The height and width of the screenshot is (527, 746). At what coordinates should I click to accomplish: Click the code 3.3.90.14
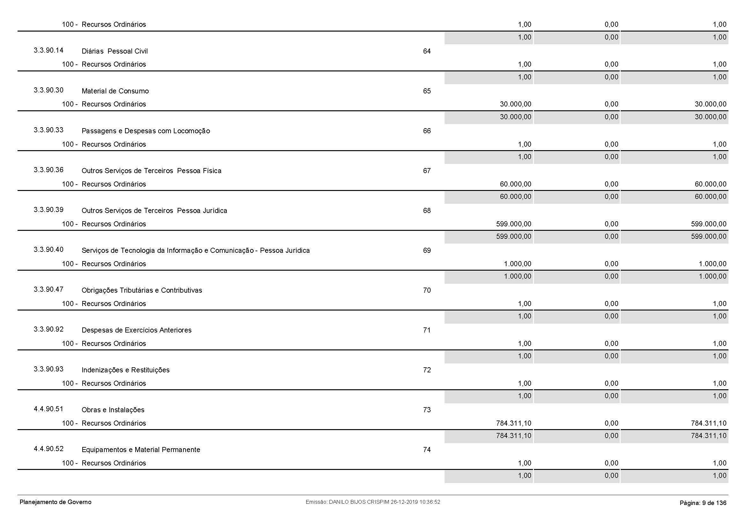click(48, 50)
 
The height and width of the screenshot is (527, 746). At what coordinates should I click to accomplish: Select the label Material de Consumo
click(115, 91)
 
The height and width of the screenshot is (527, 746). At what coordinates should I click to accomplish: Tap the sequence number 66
click(427, 131)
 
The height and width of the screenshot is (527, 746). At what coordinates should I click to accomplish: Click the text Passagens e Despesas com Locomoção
click(145, 131)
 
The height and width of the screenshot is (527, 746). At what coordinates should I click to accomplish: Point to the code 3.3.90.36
click(48, 170)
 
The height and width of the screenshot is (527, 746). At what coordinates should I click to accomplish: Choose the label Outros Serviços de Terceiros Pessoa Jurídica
click(154, 211)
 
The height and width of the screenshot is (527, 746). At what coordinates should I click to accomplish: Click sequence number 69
click(427, 251)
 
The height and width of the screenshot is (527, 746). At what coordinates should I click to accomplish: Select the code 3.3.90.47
click(48, 289)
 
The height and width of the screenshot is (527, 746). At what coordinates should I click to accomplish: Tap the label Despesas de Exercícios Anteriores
click(137, 330)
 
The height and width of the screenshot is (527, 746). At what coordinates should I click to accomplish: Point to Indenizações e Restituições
click(125, 370)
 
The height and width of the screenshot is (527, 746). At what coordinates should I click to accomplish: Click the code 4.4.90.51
click(48, 409)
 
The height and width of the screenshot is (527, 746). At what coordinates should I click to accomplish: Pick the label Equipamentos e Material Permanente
click(141, 450)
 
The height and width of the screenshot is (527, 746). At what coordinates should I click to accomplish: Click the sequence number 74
click(427, 450)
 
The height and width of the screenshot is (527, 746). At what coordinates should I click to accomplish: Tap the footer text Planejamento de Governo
click(55, 502)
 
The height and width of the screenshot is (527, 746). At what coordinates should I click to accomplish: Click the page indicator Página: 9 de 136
click(703, 503)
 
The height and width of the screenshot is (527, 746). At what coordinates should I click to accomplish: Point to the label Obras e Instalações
click(113, 410)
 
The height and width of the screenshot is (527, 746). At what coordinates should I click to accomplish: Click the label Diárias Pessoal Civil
click(114, 51)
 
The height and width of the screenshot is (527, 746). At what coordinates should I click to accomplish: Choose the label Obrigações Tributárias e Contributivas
click(142, 290)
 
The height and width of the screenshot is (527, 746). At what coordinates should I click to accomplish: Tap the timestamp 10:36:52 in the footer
click(430, 502)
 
